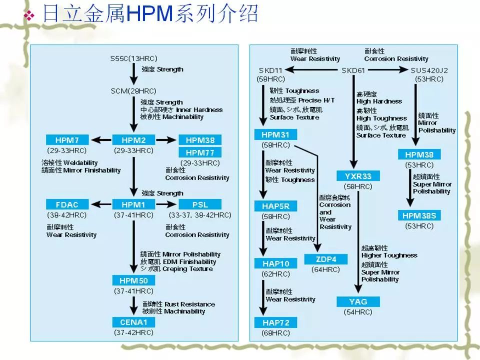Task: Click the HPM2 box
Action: pyautogui.click(x=133, y=140)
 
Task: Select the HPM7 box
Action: pyautogui.click(x=67, y=140)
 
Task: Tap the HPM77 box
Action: pyautogui.click(x=199, y=152)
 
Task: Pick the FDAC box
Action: pyautogui.click(x=67, y=204)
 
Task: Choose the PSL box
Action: pyautogui.click(x=199, y=204)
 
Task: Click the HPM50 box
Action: pyautogui.click(x=133, y=280)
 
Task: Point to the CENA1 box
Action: pyautogui.click(x=133, y=322)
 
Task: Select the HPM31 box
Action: pyautogui.click(x=275, y=134)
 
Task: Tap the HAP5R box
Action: pyautogui.click(x=275, y=206)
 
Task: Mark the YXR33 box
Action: pyautogui.click(x=358, y=175)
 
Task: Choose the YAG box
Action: pyautogui.click(x=358, y=301)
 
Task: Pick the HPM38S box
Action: pyautogui.click(x=419, y=215)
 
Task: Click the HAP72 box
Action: pyautogui.click(x=275, y=322)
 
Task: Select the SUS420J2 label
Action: pyautogui.click(x=429, y=70)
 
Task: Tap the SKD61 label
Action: pyautogui.click(x=353, y=70)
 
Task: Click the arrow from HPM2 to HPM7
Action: pyautogui.click(x=100, y=140)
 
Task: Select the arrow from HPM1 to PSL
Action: pyautogui.click(x=166, y=204)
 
